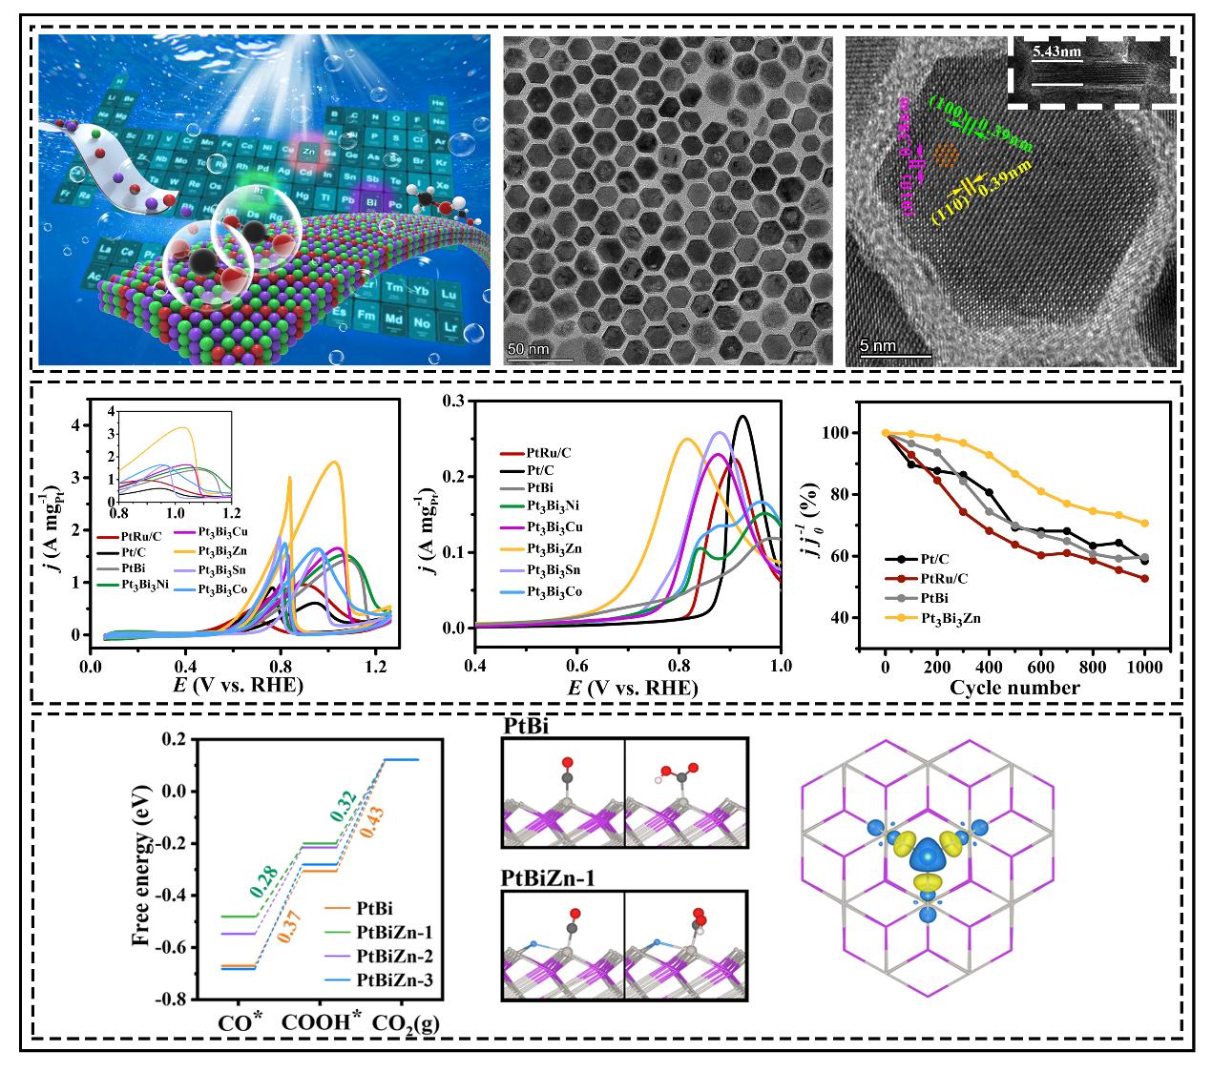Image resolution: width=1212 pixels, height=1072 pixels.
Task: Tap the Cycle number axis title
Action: coord(1014,688)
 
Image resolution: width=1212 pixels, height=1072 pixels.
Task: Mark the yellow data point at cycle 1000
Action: coord(1144,523)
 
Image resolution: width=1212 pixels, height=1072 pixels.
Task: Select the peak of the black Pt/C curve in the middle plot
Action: coord(742,416)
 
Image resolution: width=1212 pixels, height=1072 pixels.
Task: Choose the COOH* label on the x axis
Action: coord(324,1021)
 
